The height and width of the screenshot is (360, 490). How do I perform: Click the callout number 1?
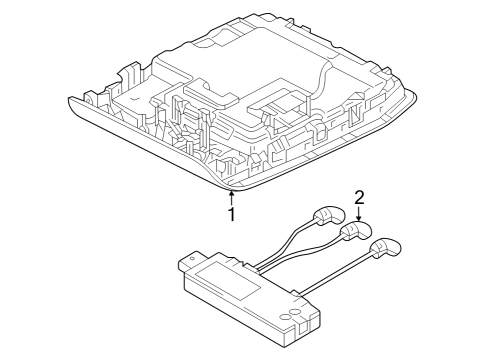[x=231, y=214]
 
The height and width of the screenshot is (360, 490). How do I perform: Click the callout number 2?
[x=359, y=198]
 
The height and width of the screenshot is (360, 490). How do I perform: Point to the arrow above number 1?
[x=231, y=197]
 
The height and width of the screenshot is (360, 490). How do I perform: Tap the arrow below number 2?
[x=359, y=213]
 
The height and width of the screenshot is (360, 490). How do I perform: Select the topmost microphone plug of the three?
[x=328, y=215]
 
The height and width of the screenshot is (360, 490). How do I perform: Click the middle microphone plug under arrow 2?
[x=355, y=231]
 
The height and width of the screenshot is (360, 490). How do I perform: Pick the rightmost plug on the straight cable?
[x=385, y=248]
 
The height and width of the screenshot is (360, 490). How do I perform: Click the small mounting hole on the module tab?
[x=191, y=258]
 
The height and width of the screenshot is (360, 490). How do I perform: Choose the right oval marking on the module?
[x=294, y=311]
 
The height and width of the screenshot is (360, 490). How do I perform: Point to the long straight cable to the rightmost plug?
[x=336, y=274]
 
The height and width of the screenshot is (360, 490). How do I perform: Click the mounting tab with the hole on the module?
[x=191, y=260]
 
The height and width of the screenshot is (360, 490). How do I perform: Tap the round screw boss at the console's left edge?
[x=90, y=98]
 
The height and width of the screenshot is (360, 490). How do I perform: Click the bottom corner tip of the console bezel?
[x=231, y=191]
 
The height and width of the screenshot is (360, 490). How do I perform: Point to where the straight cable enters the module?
[x=297, y=293]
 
